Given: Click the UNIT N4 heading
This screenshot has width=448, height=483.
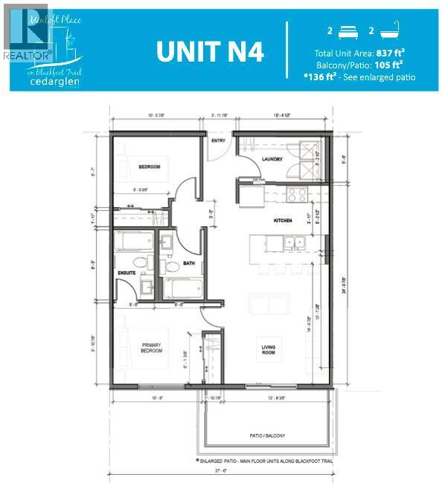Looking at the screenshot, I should coord(209,51).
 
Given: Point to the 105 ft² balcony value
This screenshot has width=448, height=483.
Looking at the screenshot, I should coord(391,65).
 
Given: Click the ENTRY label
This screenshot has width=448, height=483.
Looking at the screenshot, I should coord(218,140).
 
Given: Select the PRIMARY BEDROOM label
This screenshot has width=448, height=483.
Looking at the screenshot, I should coord(152,348).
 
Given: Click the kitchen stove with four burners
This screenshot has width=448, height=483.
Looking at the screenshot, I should coord(297,194).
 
